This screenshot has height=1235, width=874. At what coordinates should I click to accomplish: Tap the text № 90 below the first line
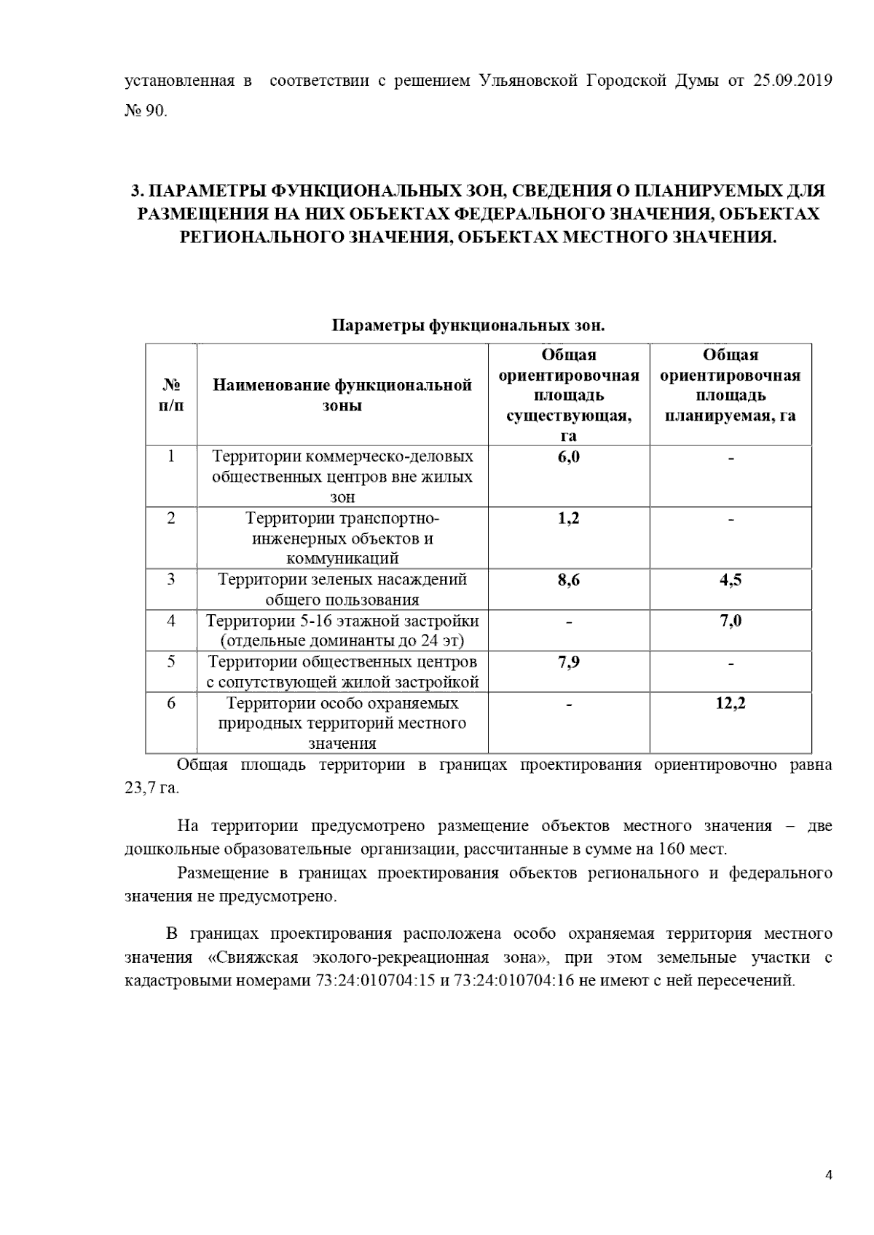(146, 111)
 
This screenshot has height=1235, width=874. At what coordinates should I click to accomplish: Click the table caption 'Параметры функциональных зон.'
(468, 325)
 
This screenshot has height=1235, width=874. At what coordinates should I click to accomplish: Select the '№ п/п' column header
(170, 395)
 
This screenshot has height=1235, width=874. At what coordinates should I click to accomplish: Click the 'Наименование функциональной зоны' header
(342, 395)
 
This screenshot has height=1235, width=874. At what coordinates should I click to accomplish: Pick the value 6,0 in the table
(568, 457)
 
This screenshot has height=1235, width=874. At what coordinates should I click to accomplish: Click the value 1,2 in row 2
(568, 518)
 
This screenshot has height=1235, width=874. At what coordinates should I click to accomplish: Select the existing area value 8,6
(568, 580)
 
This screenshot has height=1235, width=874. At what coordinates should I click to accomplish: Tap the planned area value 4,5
(731, 580)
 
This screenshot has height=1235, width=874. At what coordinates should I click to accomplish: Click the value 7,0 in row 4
(731, 621)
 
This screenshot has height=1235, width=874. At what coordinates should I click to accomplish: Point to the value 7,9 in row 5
(568, 662)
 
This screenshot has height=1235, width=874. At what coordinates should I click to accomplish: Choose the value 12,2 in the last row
(731, 703)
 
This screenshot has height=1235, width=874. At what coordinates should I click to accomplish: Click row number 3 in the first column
(170, 580)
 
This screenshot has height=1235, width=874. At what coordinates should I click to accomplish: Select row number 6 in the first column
(170, 703)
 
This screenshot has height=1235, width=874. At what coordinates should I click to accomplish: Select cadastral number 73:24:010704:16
(514, 980)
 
